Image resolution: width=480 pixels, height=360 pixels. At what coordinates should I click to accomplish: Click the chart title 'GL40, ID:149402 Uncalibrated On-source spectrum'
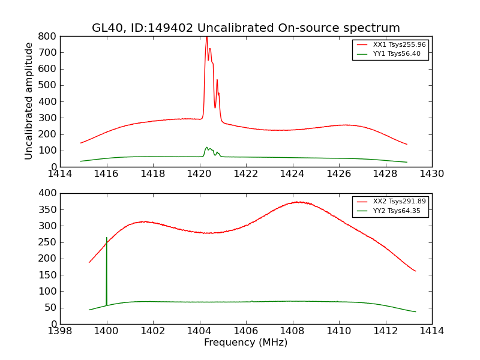click(x=245, y=28)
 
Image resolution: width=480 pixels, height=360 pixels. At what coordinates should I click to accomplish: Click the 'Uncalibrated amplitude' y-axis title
click(x=29, y=101)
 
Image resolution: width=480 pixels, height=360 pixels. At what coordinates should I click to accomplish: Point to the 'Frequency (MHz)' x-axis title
click(x=245, y=343)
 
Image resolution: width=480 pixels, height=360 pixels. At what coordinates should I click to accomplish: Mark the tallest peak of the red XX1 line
click(x=206, y=37)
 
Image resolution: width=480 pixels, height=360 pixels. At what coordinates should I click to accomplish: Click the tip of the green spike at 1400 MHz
click(x=107, y=238)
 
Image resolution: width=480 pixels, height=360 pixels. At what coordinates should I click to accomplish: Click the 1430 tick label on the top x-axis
click(x=431, y=174)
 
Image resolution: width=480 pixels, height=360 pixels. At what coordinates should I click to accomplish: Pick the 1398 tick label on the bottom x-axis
click(x=61, y=331)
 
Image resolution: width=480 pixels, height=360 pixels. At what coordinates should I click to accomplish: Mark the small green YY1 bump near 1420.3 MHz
click(x=206, y=148)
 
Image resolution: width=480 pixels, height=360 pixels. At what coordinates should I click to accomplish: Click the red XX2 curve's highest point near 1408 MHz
click(x=298, y=202)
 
